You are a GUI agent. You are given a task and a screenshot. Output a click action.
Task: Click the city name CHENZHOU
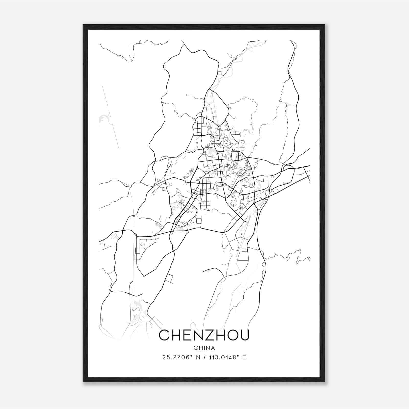click(204, 335)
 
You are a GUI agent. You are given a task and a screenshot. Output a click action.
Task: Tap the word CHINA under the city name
click(204, 348)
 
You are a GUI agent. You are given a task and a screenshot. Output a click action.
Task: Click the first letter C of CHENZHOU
click(165, 335)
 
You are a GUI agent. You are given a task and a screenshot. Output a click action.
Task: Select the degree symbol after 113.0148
click(238, 356)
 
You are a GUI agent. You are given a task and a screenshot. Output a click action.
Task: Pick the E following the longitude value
click(244, 357)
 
